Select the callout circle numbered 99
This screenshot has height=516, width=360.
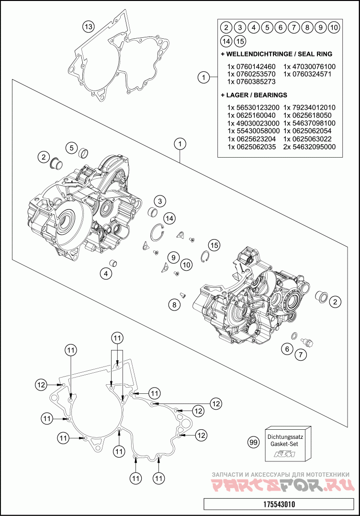point(254,443)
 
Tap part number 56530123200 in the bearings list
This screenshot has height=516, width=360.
point(253,107)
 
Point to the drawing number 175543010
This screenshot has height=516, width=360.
point(279,505)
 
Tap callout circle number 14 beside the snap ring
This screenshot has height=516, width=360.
point(169,218)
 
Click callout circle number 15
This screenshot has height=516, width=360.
point(214,245)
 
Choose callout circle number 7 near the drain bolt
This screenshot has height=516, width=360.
point(300,355)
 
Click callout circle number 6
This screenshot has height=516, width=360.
point(287,349)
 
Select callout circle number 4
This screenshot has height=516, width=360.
point(106,274)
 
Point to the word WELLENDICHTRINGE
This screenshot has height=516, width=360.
point(257,54)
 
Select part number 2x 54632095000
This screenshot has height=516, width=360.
point(309,147)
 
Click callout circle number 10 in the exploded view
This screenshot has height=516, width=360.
point(186,264)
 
